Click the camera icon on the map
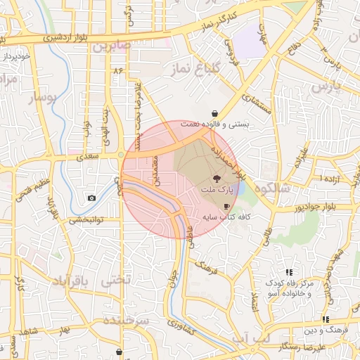click(91, 198)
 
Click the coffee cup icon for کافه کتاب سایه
click(226, 206)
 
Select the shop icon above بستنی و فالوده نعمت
click(214, 113)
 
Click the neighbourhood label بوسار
click(41, 99)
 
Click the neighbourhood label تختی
click(116, 279)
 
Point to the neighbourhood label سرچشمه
click(127, 320)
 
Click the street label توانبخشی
click(86, 219)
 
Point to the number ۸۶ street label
click(117, 70)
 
